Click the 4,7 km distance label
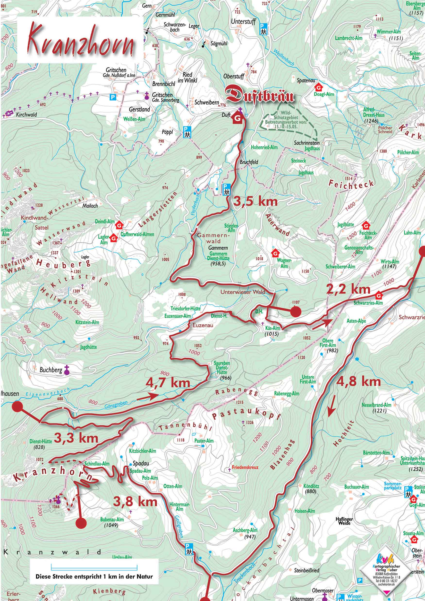pyautogui.click(x=168, y=383)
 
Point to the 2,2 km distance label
pyautogui.click(x=348, y=289)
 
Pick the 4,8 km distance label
pyautogui.click(x=358, y=381)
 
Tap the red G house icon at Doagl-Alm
pyautogui.click(x=319, y=87)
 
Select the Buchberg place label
pyautogui.click(x=51, y=370)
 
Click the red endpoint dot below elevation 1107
pyautogui.click(x=296, y=312)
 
